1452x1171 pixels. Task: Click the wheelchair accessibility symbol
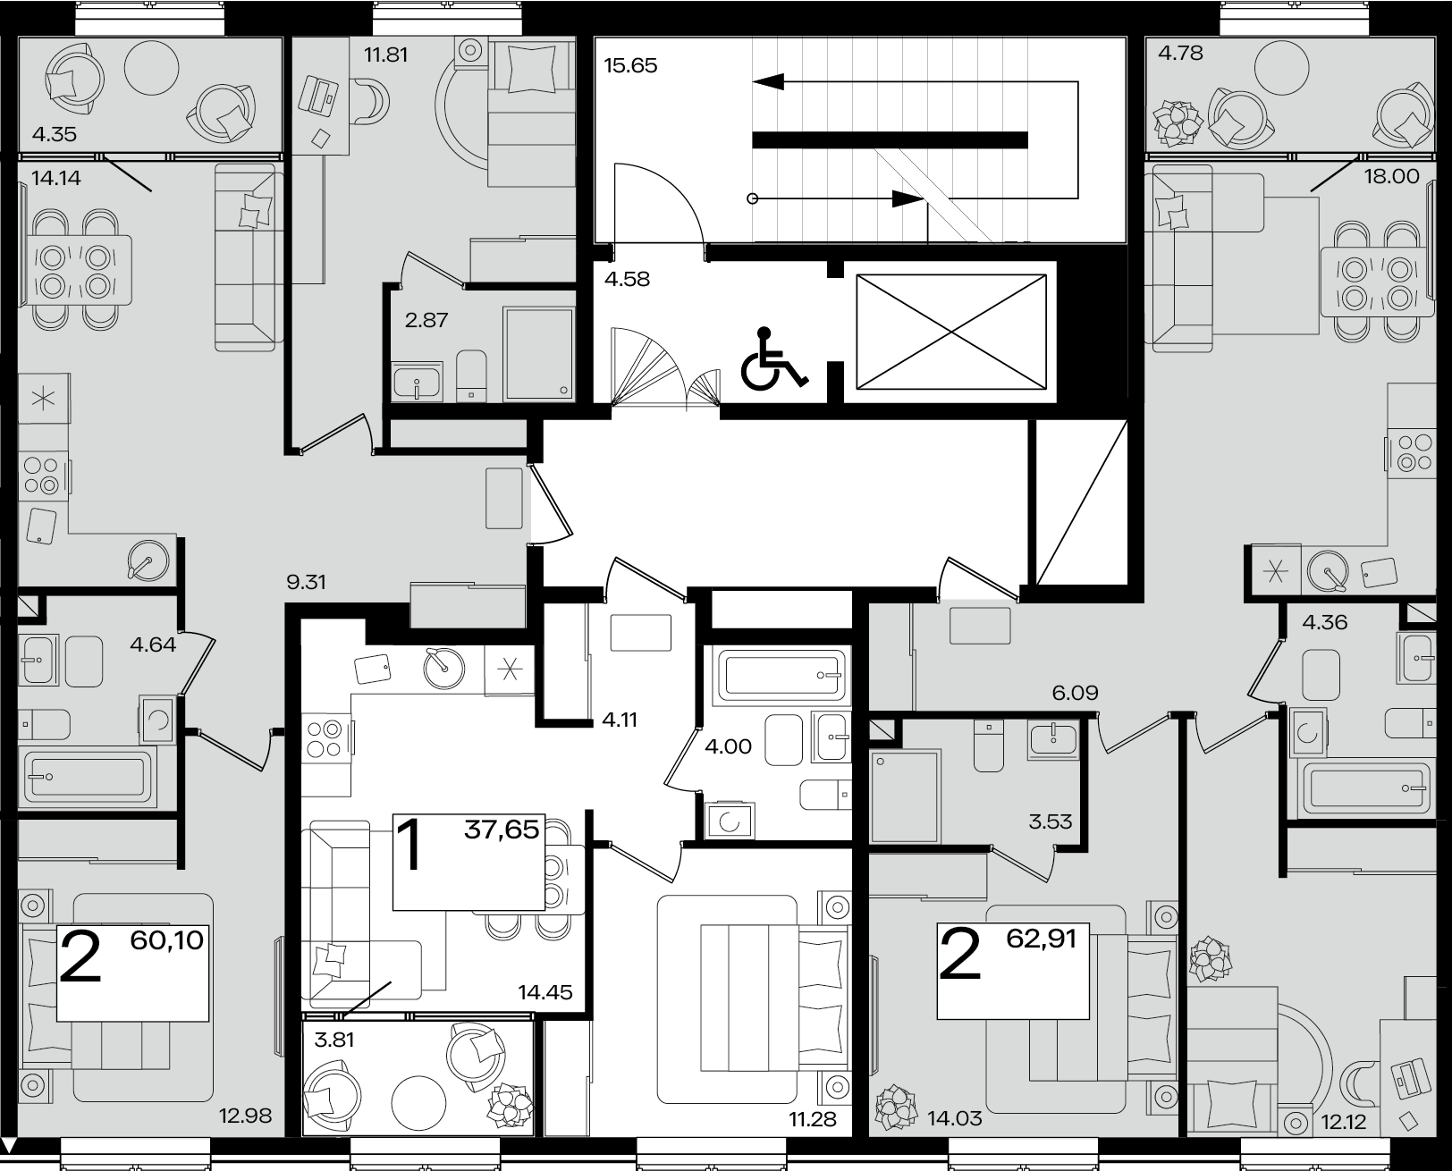tap(772, 358)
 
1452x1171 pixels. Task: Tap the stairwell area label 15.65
tap(630, 65)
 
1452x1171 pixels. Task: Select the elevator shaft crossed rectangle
tap(950, 332)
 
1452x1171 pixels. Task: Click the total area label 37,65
tap(502, 829)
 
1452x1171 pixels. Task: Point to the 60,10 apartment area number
tap(166, 940)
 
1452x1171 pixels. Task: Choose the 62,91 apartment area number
tap(1041, 939)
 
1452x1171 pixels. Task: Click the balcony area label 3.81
tap(334, 1040)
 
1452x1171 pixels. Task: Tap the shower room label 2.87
tap(426, 320)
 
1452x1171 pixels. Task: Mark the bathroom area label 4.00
tap(728, 746)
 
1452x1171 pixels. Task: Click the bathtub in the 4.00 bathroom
tap(782, 675)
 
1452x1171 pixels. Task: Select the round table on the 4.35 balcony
tap(152, 67)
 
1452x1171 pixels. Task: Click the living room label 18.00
tap(1391, 177)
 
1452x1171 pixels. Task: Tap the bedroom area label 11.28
tap(813, 1119)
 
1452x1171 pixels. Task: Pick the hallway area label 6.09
tap(1076, 693)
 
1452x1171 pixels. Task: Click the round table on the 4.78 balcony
tap(1282, 67)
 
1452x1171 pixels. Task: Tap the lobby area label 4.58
tap(627, 279)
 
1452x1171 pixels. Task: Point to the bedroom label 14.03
tap(955, 1119)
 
